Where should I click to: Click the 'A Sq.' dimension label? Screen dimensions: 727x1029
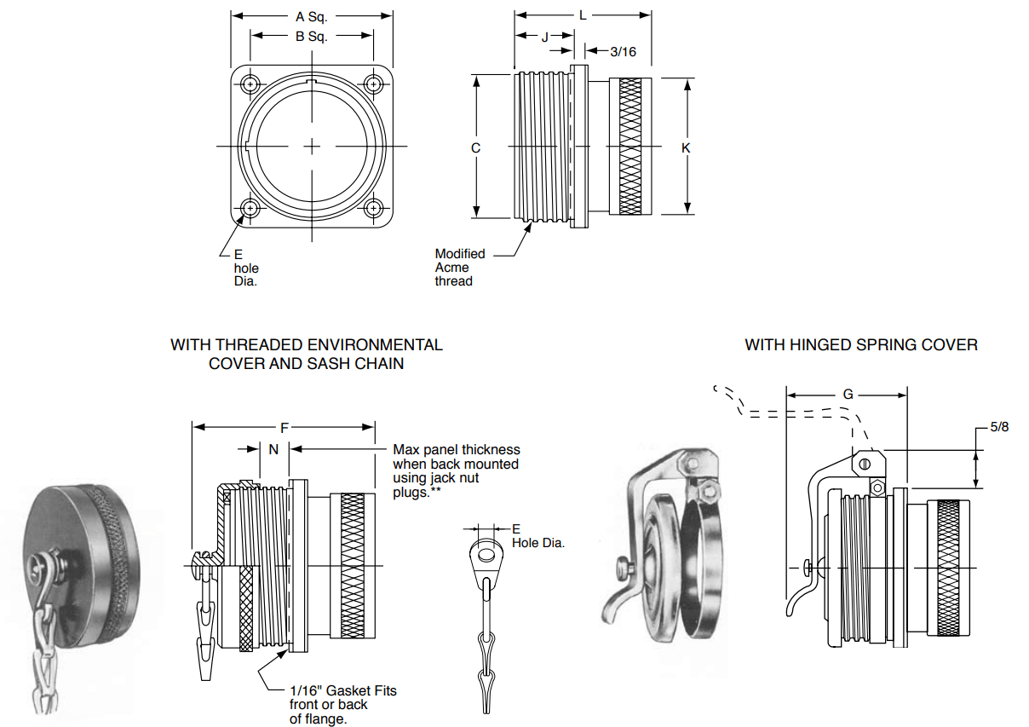312,16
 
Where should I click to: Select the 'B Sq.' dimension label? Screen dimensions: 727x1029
312,36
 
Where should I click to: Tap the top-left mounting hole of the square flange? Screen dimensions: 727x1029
250,85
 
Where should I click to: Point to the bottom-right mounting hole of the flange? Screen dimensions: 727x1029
374,208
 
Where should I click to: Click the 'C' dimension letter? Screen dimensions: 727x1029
476,148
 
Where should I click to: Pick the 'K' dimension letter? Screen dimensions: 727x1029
687,148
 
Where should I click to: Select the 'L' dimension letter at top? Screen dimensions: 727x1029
583,15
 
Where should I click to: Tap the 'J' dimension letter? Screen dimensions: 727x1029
544,36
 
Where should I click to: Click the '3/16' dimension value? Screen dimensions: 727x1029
623,52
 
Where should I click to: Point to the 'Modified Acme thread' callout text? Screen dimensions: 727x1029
460,267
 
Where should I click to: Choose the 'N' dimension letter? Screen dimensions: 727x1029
273,449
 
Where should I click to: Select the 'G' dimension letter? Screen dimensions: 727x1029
848,395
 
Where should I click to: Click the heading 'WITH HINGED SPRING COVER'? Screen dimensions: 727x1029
861,345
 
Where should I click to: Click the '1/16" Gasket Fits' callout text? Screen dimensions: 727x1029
343,690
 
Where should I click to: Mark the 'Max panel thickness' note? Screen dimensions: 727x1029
456,449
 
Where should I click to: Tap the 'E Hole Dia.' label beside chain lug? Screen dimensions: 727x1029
537,536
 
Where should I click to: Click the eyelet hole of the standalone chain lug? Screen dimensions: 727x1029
487,556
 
